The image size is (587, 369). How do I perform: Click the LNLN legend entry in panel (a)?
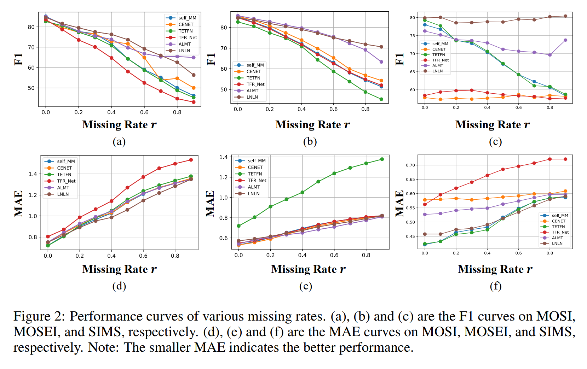[x=184, y=51]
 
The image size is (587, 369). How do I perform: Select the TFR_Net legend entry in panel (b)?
[x=255, y=84]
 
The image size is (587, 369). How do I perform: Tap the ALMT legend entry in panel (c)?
[x=437, y=65]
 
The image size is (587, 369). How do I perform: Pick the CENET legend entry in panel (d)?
[x=64, y=168]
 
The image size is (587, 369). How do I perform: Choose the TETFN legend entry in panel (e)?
[x=255, y=174]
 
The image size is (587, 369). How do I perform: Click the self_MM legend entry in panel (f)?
[x=560, y=215]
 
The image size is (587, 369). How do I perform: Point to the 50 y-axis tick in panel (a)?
[x=31, y=88]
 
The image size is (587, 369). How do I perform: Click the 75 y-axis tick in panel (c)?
[x=413, y=36]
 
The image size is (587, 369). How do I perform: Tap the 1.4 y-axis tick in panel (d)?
[x=33, y=174]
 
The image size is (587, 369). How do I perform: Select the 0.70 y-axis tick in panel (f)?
[x=410, y=165]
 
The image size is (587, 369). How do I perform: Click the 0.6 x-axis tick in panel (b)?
[x=333, y=109]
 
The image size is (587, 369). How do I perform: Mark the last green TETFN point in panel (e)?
[x=382, y=159]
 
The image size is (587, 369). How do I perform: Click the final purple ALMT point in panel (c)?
[x=565, y=40]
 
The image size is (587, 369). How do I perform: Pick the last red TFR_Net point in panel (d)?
[x=191, y=160]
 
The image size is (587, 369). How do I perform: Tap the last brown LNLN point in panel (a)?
[x=194, y=75]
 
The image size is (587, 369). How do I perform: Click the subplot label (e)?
[x=306, y=286]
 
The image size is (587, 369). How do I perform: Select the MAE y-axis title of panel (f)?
[x=399, y=203]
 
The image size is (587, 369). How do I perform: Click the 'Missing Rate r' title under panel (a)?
[x=119, y=125]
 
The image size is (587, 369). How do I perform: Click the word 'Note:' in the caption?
[x=104, y=347]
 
